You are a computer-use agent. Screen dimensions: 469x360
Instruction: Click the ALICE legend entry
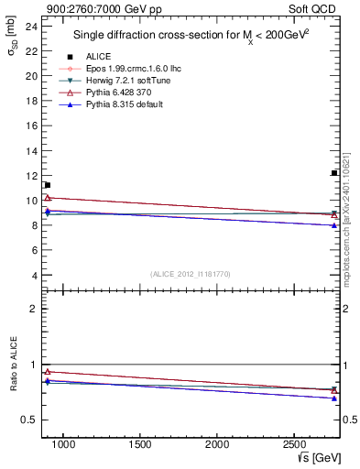click(x=98, y=56)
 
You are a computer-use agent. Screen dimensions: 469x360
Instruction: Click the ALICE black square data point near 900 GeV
click(x=47, y=185)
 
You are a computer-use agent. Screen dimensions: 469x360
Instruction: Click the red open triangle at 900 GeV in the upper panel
click(x=47, y=198)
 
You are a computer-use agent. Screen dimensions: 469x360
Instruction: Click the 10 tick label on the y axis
click(x=32, y=201)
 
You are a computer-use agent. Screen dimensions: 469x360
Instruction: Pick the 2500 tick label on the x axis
click(x=293, y=445)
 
